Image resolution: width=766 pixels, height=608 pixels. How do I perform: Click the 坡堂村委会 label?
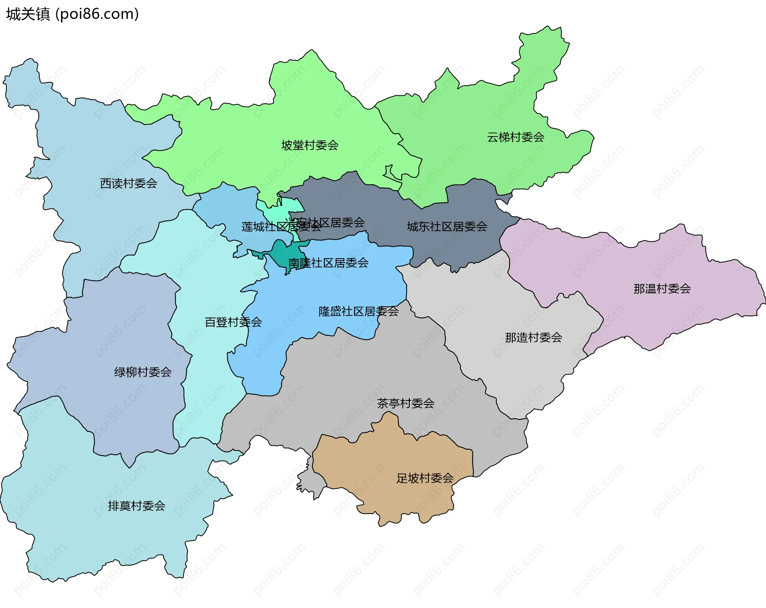pyautogui.click(x=310, y=145)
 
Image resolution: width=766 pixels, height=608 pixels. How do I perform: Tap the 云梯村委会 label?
pyautogui.click(x=515, y=137)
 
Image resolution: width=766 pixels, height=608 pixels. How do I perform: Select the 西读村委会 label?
pyautogui.click(x=128, y=184)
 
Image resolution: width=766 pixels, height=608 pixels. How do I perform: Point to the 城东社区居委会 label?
pyautogui.click(x=447, y=227)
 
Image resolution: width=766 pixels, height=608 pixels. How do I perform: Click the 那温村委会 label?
pyautogui.click(x=662, y=289)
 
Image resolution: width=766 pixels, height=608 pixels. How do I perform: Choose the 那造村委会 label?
pyautogui.click(x=533, y=338)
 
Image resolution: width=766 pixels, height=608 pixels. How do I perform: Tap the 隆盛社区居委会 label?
pyautogui.click(x=358, y=312)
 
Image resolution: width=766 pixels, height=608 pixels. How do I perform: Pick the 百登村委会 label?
pyautogui.click(x=233, y=322)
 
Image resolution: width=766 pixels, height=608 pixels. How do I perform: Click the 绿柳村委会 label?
pyautogui.click(x=143, y=373)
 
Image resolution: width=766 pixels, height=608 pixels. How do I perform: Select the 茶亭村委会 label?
pyautogui.click(x=405, y=404)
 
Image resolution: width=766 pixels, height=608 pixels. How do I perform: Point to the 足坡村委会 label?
pyautogui.click(x=424, y=479)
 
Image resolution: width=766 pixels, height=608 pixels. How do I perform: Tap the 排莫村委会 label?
pyautogui.click(x=136, y=506)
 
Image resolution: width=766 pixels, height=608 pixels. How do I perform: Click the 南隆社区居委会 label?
pyautogui.click(x=328, y=263)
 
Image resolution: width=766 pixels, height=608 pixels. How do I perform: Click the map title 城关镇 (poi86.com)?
pyautogui.click(x=72, y=14)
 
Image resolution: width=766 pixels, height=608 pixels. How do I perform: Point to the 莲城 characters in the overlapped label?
pyautogui.click(x=253, y=227)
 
